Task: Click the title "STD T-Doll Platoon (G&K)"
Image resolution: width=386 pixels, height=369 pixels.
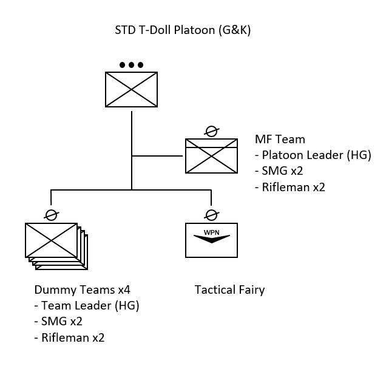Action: (183, 30)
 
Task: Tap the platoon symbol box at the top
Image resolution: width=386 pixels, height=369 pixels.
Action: (131, 90)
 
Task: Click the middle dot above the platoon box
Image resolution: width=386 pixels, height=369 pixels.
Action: (131, 64)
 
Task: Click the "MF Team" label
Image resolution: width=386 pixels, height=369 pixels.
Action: (280, 140)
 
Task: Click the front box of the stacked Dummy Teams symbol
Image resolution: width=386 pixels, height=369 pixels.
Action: (51, 240)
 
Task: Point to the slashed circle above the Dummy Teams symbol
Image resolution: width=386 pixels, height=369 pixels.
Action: (51, 214)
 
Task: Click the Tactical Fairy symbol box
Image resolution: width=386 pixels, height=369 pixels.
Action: (211, 241)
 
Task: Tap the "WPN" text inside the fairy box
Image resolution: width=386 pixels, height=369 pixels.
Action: (211, 232)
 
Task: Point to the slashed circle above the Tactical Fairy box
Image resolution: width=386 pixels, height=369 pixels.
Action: (211, 214)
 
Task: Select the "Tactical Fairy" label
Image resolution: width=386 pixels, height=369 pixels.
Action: (229, 289)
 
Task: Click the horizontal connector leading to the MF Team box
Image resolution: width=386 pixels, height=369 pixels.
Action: (158, 156)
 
